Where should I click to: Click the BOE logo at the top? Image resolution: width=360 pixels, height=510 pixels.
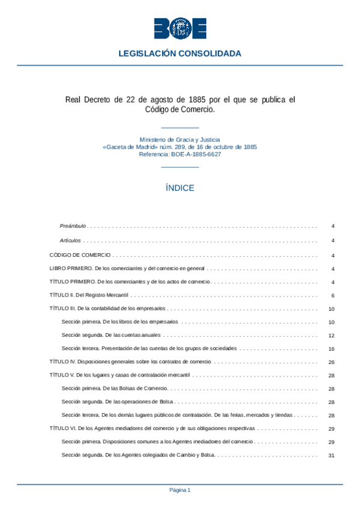click(x=180, y=28)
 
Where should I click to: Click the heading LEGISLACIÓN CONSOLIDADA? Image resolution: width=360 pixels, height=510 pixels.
click(x=180, y=54)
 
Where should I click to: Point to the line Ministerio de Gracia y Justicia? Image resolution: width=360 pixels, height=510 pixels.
click(x=180, y=139)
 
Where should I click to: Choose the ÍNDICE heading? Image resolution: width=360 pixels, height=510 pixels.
click(x=180, y=188)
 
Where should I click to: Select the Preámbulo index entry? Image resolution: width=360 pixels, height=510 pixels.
click(x=73, y=226)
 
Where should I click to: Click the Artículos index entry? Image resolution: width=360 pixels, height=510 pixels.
click(x=70, y=240)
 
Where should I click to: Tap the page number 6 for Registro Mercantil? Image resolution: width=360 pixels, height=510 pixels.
click(x=332, y=295)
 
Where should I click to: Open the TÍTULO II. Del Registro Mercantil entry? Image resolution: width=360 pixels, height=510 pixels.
click(x=89, y=295)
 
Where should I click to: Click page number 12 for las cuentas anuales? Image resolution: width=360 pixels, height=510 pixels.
click(x=331, y=336)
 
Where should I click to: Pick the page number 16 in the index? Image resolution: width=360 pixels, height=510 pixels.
click(x=331, y=349)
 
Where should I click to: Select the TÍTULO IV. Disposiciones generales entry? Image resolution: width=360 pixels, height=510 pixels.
click(x=130, y=362)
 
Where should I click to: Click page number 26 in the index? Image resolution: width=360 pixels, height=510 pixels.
click(x=331, y=362)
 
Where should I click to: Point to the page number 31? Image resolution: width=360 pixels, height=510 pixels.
click(x=331, y=455)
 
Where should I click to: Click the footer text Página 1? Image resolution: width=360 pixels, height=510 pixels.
click(x=180, y=490)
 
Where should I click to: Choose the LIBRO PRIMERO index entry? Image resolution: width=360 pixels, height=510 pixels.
click(x=127, y=268)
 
